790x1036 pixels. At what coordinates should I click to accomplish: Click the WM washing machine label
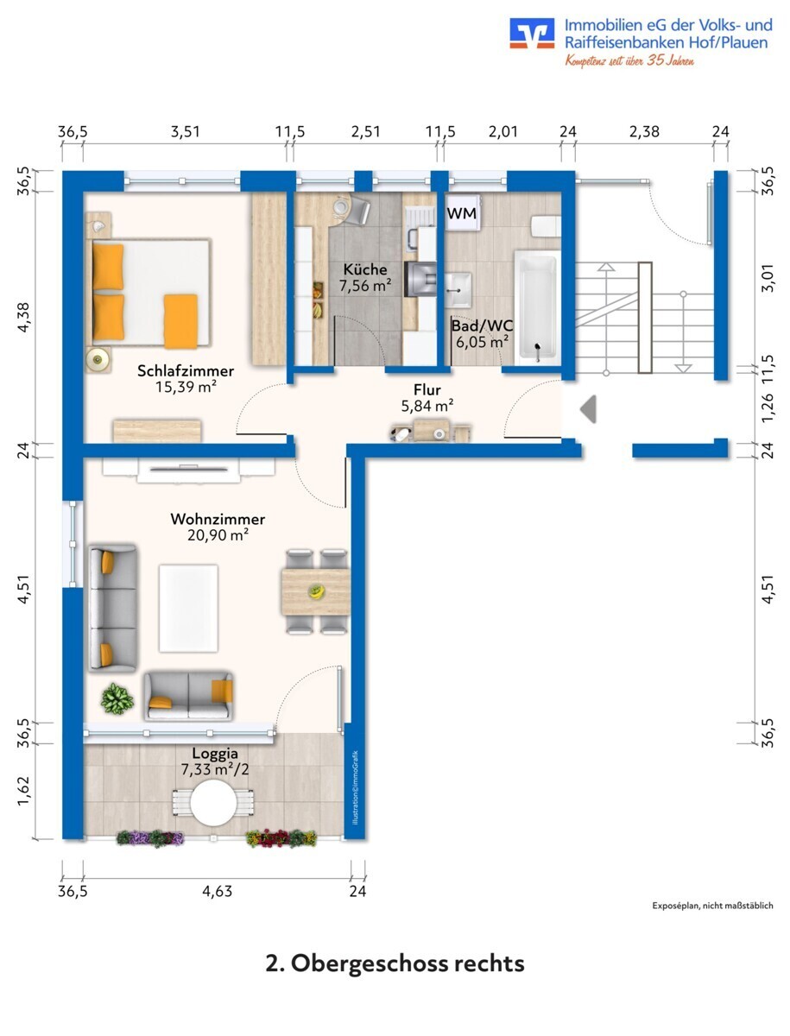point(462,213)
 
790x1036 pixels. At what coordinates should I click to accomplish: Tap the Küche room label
point(365,269)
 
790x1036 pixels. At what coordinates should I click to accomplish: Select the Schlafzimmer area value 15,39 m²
point(186,387)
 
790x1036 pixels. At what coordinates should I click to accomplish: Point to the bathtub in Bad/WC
point(537,307)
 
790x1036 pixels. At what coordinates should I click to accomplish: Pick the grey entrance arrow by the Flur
point(588,408)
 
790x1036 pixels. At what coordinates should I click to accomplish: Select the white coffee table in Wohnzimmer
point(188,608)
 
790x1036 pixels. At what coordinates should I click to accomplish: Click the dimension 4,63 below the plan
point(217,891)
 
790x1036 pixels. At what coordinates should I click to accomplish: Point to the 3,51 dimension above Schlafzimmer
point(185,132)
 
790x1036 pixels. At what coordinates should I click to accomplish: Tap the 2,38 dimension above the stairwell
point(644,132)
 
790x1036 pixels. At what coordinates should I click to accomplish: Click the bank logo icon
point(532,33)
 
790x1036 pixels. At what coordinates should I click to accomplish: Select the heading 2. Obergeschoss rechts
point(395,963)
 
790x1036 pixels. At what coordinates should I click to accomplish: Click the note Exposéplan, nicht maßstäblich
point(712,906)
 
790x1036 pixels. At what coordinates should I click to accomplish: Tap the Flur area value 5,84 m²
point(427,406)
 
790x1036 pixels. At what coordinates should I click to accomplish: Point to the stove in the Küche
point(420,280)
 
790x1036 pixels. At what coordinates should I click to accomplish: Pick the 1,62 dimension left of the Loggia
point(24,792)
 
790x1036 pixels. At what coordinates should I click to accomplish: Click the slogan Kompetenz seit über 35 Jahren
point(629,60)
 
